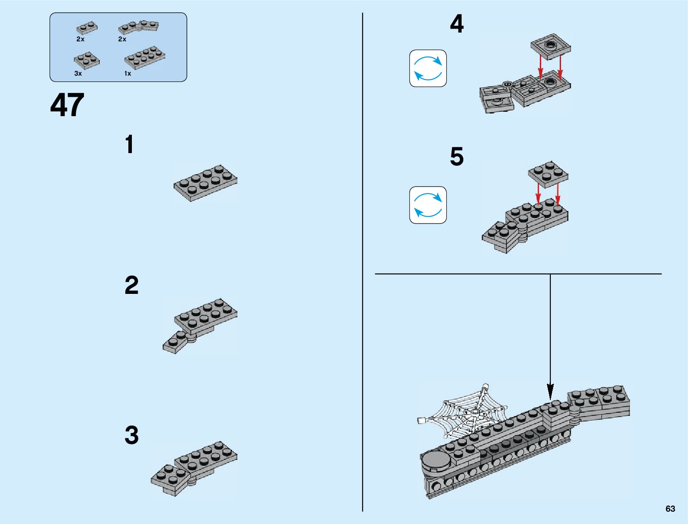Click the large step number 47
67,106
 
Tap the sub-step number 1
129,145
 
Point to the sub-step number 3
131,435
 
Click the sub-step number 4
457,24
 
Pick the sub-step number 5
457,157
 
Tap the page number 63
670,509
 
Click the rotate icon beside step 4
428,68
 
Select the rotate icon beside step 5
428,205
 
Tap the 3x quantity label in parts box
78,73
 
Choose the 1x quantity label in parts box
127,73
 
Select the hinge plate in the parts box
138,27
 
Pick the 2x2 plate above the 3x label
87,60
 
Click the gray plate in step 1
205,183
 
